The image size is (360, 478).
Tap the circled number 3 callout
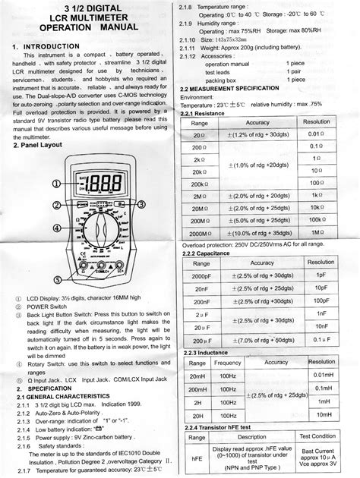pyautogui.click(x=141, y=205)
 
